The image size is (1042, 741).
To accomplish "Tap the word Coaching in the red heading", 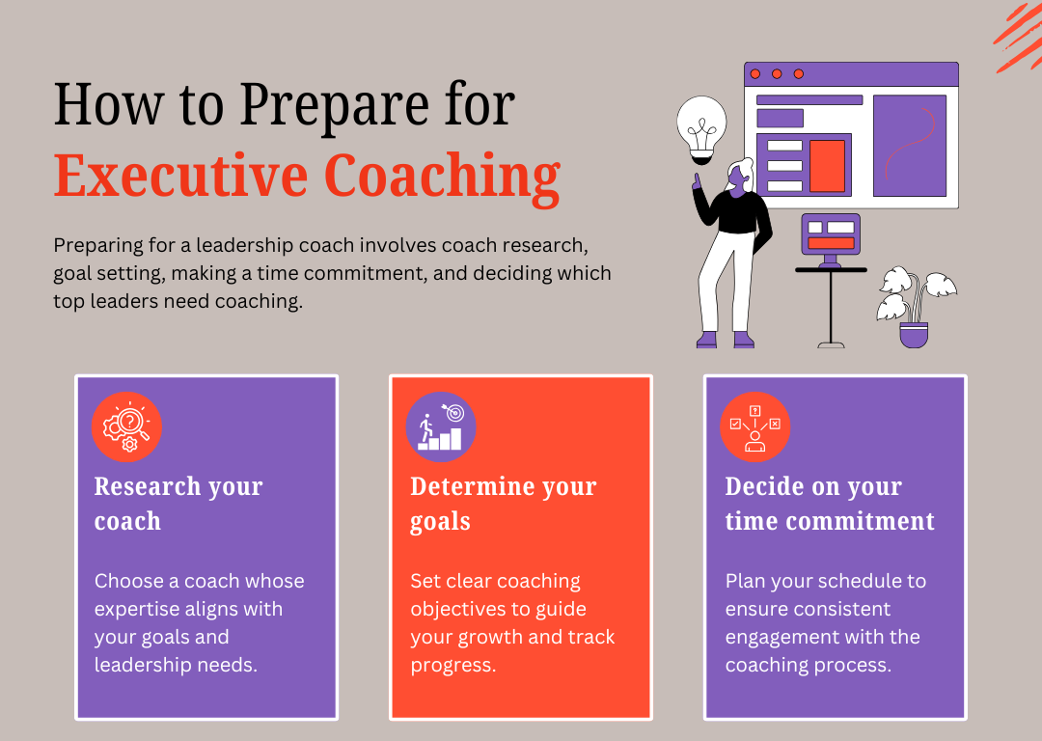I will pos(443,178).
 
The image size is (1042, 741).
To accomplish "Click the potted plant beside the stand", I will pos(915,306).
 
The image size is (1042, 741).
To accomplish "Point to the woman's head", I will pos(741,177).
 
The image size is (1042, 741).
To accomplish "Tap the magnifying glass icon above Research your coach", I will pos(126,426).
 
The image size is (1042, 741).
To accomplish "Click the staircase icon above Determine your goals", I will pos(441,426).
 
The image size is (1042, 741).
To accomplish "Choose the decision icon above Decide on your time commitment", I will pos(754,426).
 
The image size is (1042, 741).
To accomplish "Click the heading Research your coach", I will pos(178,504).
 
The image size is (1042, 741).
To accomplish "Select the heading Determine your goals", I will pos(503,504).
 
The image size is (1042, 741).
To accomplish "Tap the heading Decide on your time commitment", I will pos(830,504).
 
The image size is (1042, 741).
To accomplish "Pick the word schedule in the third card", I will pos(855,581).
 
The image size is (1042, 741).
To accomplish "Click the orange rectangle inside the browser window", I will pos(827,166).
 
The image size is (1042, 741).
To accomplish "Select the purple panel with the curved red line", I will pos(909,145).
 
